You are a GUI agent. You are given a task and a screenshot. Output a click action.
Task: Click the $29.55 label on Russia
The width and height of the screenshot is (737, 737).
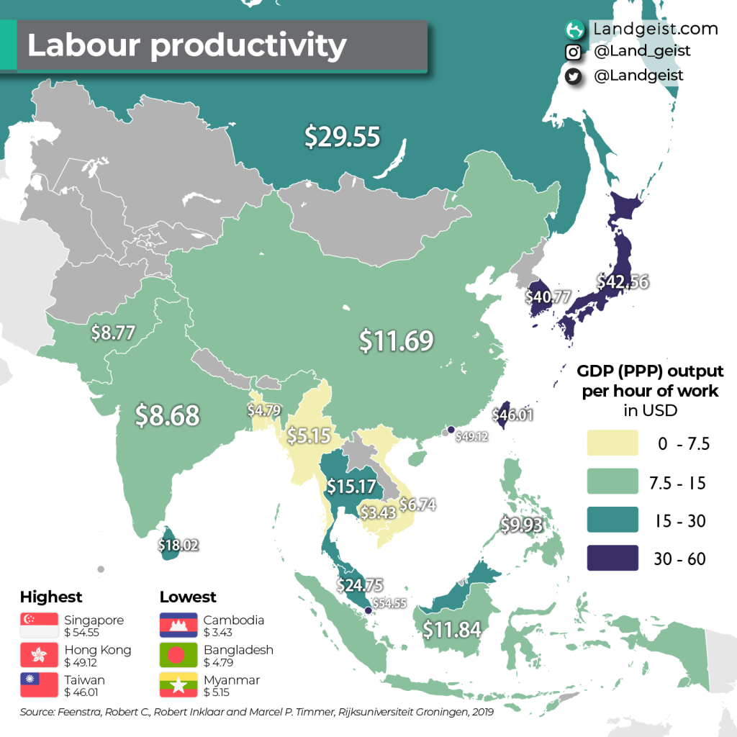click(x=342, y=136)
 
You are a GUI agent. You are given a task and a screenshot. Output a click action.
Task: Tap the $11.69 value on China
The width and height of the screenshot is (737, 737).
click(x=397, y=340)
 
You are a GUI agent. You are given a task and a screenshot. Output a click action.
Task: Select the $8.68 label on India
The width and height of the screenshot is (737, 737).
click(x=168, y=415)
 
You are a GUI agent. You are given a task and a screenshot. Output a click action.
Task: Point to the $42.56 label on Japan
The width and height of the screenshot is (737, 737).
click(x=623, y=281)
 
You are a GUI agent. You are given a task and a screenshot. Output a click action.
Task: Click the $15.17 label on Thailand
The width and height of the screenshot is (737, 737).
click(x=351, y=487)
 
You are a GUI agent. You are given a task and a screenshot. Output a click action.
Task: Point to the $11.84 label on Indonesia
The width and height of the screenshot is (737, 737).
click(x=451, y=629)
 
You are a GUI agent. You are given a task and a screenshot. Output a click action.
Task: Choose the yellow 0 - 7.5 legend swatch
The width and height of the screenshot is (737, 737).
click(x=612, y=443)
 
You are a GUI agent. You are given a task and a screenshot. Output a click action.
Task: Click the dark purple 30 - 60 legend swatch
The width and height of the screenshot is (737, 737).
click(x=612, y=559)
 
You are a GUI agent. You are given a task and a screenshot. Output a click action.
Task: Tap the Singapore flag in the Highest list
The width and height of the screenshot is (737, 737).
click(x=39, y=625)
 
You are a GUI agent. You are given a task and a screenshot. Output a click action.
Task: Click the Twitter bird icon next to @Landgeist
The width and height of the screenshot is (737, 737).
click(x=574, y=76)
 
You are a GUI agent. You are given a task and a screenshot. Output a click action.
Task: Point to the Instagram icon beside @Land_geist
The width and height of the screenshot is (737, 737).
click(x=574, y=52)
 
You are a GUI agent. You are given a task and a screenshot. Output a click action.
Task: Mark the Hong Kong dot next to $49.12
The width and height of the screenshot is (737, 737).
click(x=451, y=430)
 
